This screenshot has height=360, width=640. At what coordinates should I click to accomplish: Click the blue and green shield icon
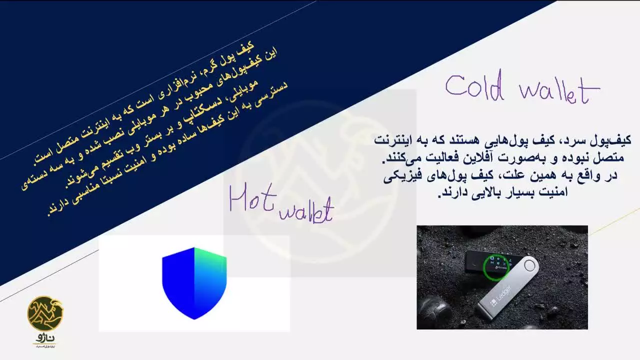[x=194, y=283]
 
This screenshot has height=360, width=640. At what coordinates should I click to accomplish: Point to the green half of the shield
[x=210, y=272]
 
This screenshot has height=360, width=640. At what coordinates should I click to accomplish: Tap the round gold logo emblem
[x=45, y=313]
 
